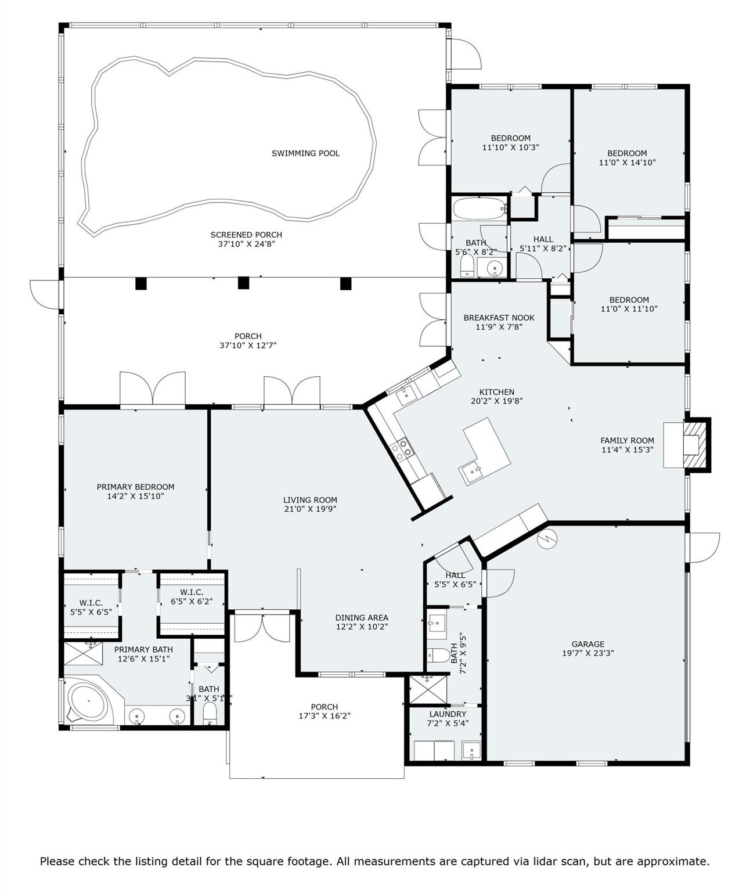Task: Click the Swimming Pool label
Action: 305,153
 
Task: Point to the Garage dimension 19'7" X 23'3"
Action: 587,653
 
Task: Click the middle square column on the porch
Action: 243,283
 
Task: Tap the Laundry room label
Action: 448,714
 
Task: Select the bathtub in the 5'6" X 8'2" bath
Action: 479,208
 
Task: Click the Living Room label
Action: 310,499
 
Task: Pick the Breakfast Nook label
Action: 499,318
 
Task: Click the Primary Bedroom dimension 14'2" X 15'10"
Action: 135,497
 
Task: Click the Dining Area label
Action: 361,617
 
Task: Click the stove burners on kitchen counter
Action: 402,449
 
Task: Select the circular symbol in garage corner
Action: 546,539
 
